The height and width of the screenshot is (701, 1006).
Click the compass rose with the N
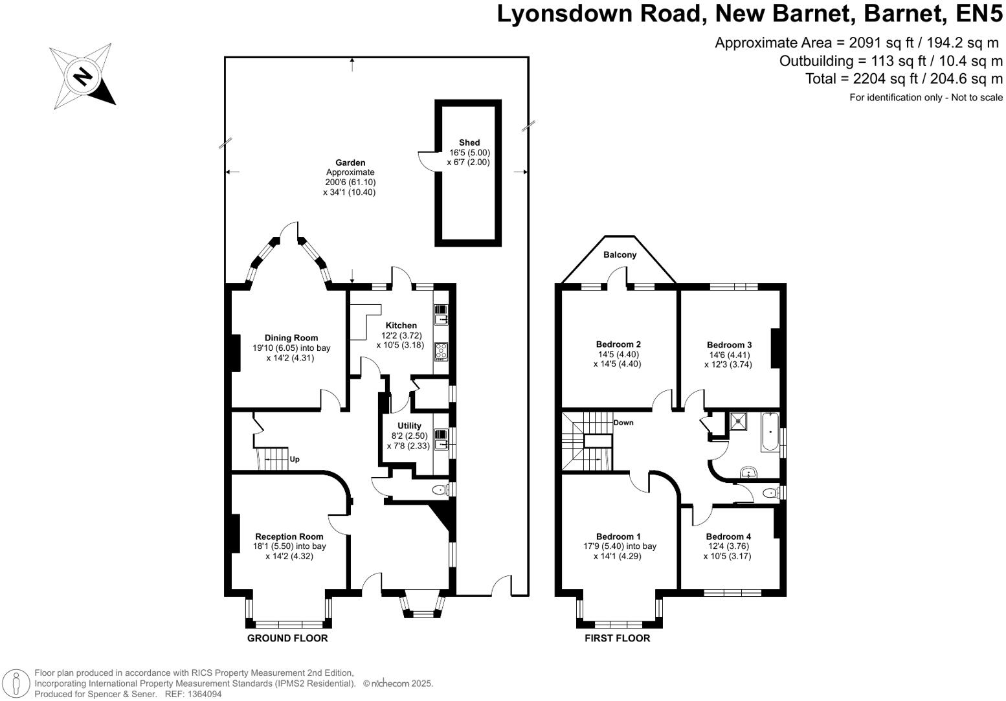point(82,76)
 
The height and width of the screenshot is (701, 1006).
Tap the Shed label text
point(469,142)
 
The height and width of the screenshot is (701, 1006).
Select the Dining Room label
point(291,338)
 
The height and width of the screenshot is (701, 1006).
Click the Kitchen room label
point(401,326)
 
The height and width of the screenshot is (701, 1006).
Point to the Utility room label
point(409,426)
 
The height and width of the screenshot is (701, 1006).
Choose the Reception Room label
point(289,537)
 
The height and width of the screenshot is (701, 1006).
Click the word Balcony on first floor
point(620,255)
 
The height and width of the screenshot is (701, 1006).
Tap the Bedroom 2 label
point(618,344)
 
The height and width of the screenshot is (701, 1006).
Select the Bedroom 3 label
point(729,345)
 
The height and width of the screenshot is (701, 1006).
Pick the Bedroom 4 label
point(728,537)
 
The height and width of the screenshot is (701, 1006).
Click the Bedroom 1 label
point(618,537)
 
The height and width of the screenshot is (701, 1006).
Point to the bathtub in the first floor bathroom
point(770,432)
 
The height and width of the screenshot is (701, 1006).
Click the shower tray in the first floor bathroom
point(739,421)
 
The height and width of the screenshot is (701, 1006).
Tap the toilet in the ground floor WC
point(440,490)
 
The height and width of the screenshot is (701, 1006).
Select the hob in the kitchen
point(442,351)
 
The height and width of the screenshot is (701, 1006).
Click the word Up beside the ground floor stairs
point(295,460)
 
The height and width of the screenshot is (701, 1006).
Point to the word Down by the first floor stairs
point(623,423)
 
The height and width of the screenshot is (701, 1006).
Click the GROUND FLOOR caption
point(287,638)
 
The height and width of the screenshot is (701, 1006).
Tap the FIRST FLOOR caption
point(617,638)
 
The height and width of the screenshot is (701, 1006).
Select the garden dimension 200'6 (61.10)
point(350,183)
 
